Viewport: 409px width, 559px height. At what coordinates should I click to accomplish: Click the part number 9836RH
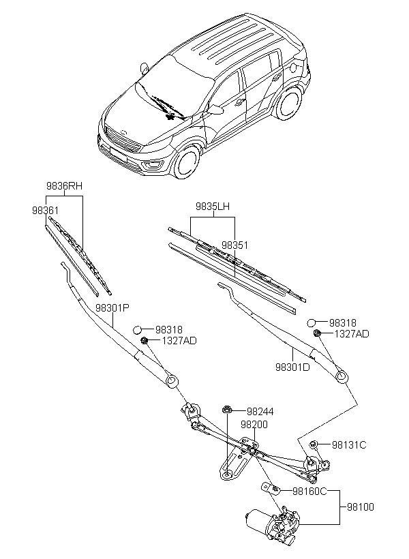coord(64,185)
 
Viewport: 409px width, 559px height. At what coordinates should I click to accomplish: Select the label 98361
coord(45,211)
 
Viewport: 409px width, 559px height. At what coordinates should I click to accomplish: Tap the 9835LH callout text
coord(213,207)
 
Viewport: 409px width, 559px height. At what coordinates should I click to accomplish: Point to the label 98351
coord(234,245)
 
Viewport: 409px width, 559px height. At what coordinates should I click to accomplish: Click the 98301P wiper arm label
coord(112,307)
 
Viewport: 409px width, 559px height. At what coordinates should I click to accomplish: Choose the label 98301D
coord(292,367)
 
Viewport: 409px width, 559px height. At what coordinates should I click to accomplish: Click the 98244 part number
coord(260,411)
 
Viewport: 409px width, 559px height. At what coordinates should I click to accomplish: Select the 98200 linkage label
coord(254,425)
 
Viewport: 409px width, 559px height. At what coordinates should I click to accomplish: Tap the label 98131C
coord(349,445)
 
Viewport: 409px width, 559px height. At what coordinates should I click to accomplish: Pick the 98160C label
coord(309,492)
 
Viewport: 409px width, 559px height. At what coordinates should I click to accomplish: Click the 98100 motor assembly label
coord(361,507)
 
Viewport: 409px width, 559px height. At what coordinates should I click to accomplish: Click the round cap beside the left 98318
coord(138,330)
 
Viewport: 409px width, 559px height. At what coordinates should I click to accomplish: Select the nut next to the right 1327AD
coord(316,333)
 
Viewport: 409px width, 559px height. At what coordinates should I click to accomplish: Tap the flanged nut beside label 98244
coord(226,410)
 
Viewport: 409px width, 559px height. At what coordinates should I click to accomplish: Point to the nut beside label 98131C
coord(313,444)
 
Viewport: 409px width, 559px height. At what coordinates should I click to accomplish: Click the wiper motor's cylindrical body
coord(258,519)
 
